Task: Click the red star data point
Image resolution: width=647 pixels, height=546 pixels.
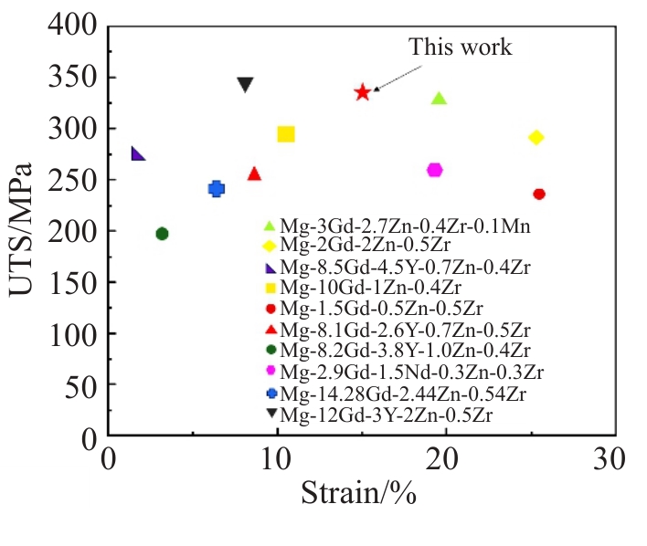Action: click(363, 91)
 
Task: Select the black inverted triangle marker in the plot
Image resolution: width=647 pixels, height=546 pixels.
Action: click(245, 85)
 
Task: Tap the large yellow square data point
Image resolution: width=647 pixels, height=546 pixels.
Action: click(286, 134)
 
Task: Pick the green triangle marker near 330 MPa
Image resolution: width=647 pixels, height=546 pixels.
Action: click(439, 99)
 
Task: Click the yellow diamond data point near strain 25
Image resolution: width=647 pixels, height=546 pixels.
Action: click(536, 137)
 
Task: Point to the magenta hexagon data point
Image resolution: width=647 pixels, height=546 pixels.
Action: click(435, 170)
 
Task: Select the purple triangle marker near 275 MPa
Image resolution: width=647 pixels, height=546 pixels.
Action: click(138, 153)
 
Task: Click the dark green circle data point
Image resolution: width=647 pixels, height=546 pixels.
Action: click(162, 234)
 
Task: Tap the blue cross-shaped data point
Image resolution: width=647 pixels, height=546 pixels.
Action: click(217, 189)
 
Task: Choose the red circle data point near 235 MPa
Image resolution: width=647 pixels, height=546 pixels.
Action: click(539, 194)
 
